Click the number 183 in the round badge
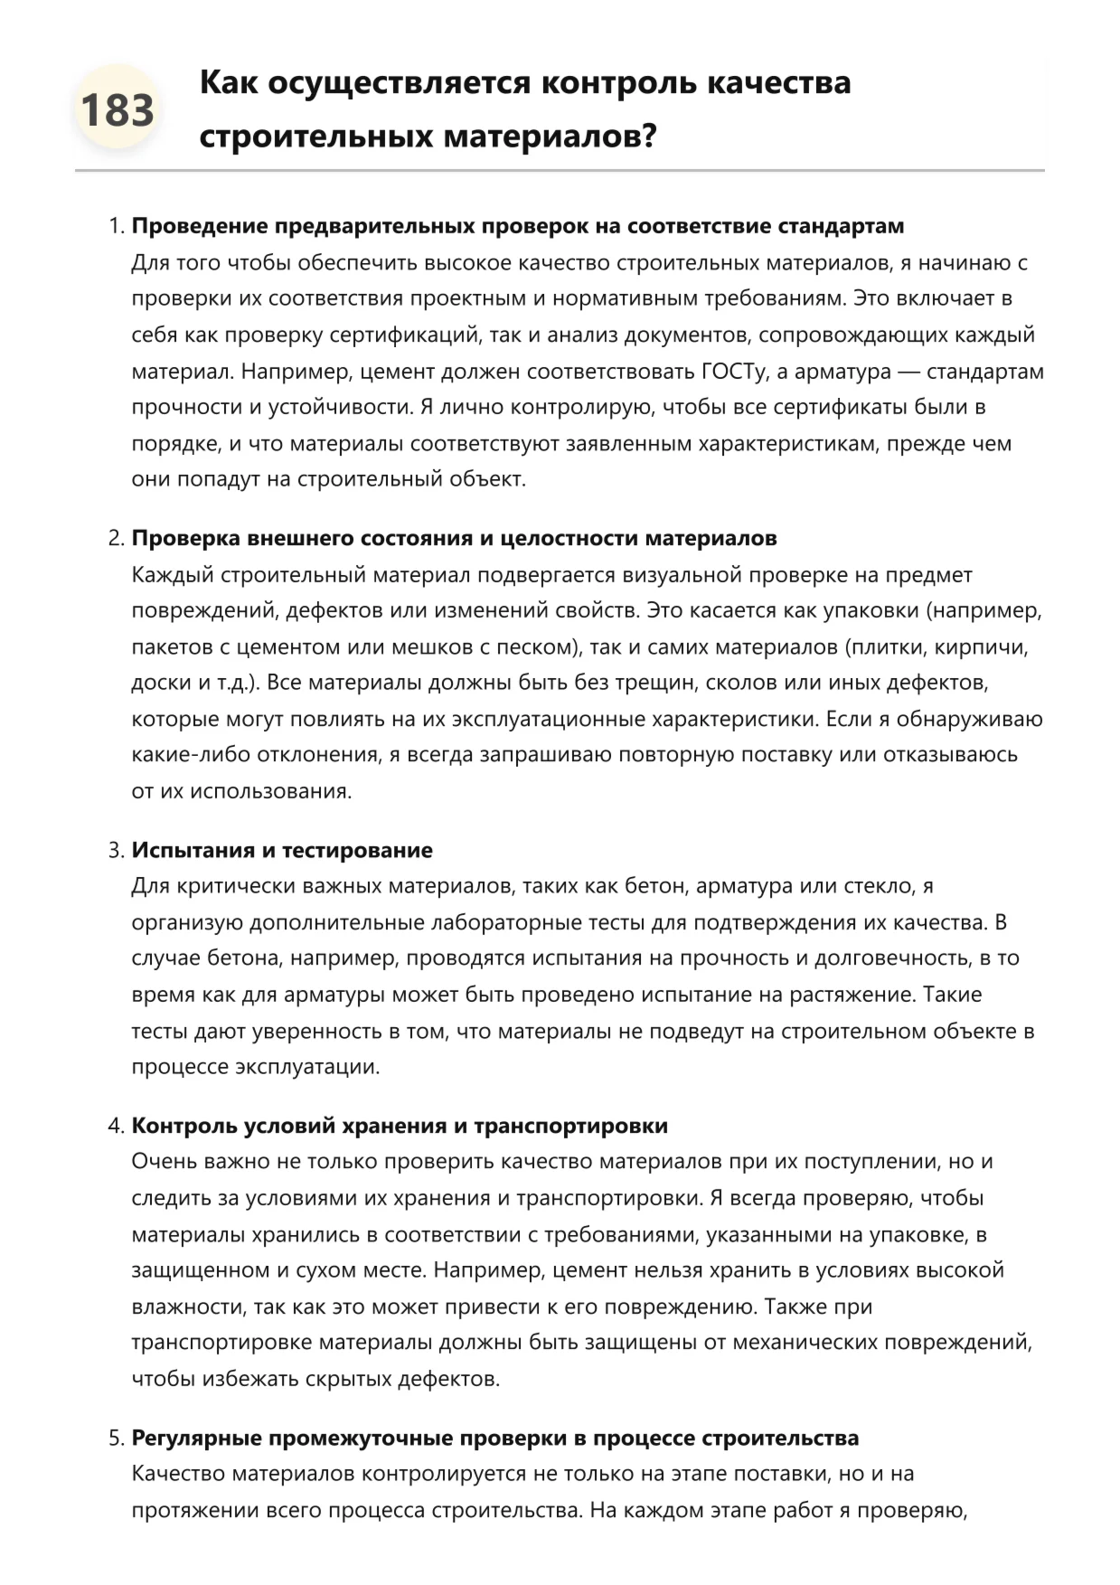[117, 110]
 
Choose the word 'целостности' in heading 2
[567, 539]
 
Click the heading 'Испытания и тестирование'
[282, 851]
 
